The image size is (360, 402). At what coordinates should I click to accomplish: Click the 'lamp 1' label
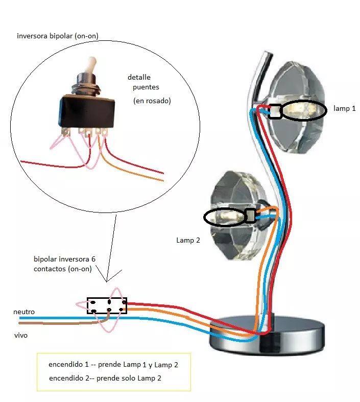(345, 109)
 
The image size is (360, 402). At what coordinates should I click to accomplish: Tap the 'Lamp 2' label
(188, 240)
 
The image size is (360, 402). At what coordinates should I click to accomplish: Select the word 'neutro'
(24, 312)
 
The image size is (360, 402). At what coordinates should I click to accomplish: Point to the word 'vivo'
(20, 336)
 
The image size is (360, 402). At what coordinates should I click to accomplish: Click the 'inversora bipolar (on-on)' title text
(57, 36)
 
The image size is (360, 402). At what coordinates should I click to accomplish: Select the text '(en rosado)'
(152, 101)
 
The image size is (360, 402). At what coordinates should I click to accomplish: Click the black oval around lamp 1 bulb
(304, 110)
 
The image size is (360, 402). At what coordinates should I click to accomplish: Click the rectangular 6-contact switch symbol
(107, 305)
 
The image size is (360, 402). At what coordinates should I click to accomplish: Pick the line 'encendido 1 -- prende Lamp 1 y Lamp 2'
(113, 365)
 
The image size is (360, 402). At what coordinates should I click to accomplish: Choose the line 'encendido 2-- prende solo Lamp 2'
(106, 379)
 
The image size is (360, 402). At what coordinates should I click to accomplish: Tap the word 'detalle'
(139, 78)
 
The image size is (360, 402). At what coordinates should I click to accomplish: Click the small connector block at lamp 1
(275, 111)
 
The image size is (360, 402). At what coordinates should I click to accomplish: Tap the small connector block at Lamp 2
(250, 216)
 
